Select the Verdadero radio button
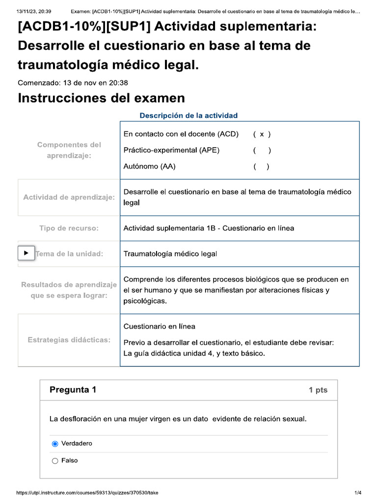55,444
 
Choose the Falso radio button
55,461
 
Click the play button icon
26,253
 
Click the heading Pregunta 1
73,390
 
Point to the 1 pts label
318,391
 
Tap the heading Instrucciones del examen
101,98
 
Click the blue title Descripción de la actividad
188,115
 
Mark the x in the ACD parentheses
262,134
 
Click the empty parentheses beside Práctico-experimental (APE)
262,150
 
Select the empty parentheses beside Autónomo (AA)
261,167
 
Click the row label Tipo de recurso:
69,228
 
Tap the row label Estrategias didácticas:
69,340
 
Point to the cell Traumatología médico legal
170,254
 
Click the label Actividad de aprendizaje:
69,197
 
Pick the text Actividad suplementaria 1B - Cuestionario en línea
209,228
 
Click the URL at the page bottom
87,493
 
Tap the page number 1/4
357,493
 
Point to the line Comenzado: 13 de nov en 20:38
73,83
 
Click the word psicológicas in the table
145,301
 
